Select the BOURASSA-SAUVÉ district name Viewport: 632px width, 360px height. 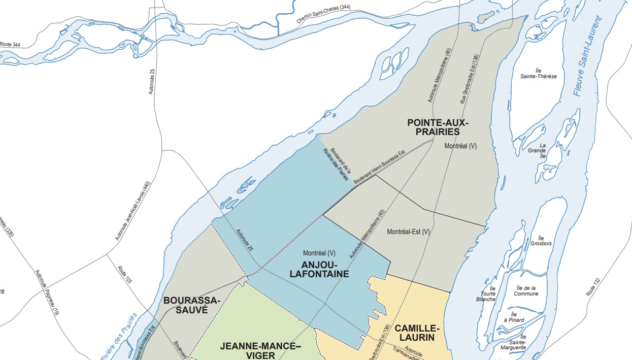click(191, 305)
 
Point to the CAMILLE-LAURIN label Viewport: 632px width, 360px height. click(415, 332)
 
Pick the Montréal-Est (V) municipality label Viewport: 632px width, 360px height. click(408, 232)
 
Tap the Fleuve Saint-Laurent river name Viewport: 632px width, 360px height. click(587, 56)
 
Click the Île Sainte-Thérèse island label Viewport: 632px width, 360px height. click(538, 73)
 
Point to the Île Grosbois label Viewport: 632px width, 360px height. click(541, 241)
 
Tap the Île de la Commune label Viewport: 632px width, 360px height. click(526, 290)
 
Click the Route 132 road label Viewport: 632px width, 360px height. click(593, 287)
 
